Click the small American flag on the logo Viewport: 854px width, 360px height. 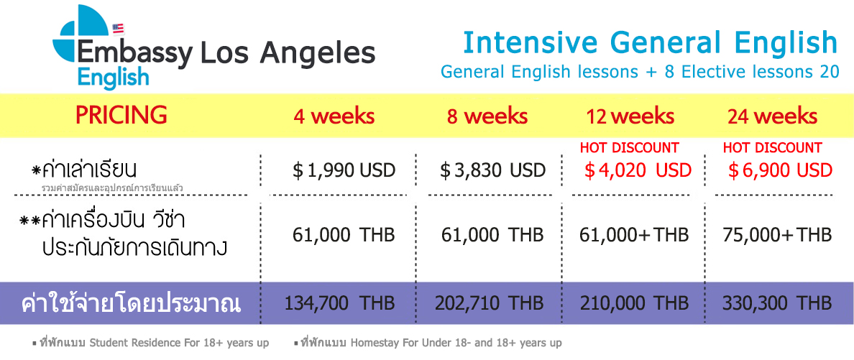pyautogui.click(x=118, y=29)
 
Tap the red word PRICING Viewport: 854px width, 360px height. pyautogui.click(x=121, y=115)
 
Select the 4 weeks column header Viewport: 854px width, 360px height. pyautogui.click(x=334, y=116)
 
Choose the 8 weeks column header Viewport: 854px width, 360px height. pyautogui.click(x=487, y=116)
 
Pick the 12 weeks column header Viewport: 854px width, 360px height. pyautogui.click(x=630, y=116)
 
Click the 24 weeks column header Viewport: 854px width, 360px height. pyautogui.click(x=772, y=116)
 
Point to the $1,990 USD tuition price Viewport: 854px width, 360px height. pyautogui.click(x=344, y=170)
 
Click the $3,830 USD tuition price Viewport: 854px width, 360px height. pyautogui.click(x=493, y=170)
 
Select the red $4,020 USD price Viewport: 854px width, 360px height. pyautogui.click(x=638, y=170)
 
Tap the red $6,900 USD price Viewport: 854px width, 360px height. pyautogui.click(x=781, y=170)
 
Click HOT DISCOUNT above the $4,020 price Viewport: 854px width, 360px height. pyautogui.click(x=629, y=147)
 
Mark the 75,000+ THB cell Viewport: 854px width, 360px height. pyautogui.click(x=778, y=235)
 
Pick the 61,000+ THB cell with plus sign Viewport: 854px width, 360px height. pyautogui.click(x=634, y=235)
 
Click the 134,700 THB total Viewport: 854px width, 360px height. pyautogui.click(x=340, y=303)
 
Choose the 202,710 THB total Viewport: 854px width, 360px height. pyautogui.click(x=489, y=303)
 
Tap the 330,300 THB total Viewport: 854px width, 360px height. pyautogui.click(x=777, y=303)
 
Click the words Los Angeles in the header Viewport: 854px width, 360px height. pyautogui.click(x=288, y=53)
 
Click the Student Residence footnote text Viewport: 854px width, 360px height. pyautogui.click(x=152, y=343)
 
